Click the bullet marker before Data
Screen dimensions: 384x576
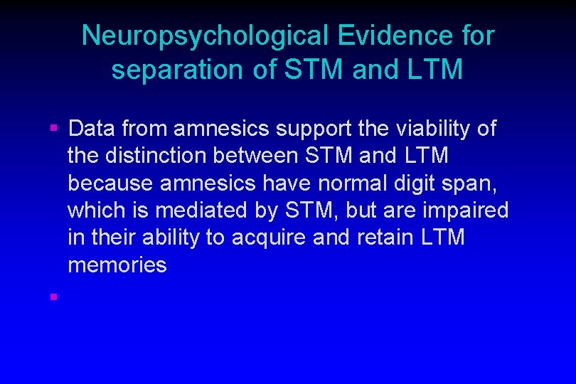click(x=53, y=129)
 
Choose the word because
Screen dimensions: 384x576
click(x=111, y=183)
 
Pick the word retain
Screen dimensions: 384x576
click(x=375, y=238)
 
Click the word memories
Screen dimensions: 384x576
click(x=117, y=265)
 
